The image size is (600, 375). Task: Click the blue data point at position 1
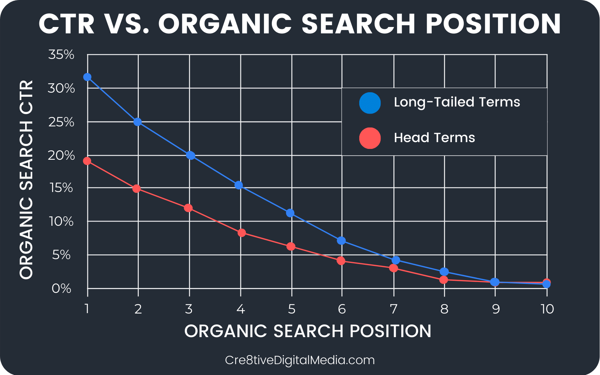87,77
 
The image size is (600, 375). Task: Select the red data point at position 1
87,161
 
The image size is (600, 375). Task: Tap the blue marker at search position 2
137,122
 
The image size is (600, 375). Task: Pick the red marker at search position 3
188,208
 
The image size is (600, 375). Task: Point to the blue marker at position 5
290,213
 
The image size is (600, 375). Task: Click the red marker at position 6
341,261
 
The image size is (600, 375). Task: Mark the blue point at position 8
444,271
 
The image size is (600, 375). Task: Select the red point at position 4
241,233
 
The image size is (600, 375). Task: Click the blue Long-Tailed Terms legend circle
370,103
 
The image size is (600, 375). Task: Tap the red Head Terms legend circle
370,138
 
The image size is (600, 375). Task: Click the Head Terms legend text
435,138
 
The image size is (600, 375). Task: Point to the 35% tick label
61,55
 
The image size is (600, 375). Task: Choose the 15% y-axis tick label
61,188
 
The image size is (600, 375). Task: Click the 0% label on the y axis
61,289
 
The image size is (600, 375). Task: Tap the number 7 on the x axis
393,309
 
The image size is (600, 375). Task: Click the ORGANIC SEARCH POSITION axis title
308,331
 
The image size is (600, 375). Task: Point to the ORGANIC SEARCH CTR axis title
26,180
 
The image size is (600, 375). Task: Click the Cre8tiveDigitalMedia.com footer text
300,360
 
